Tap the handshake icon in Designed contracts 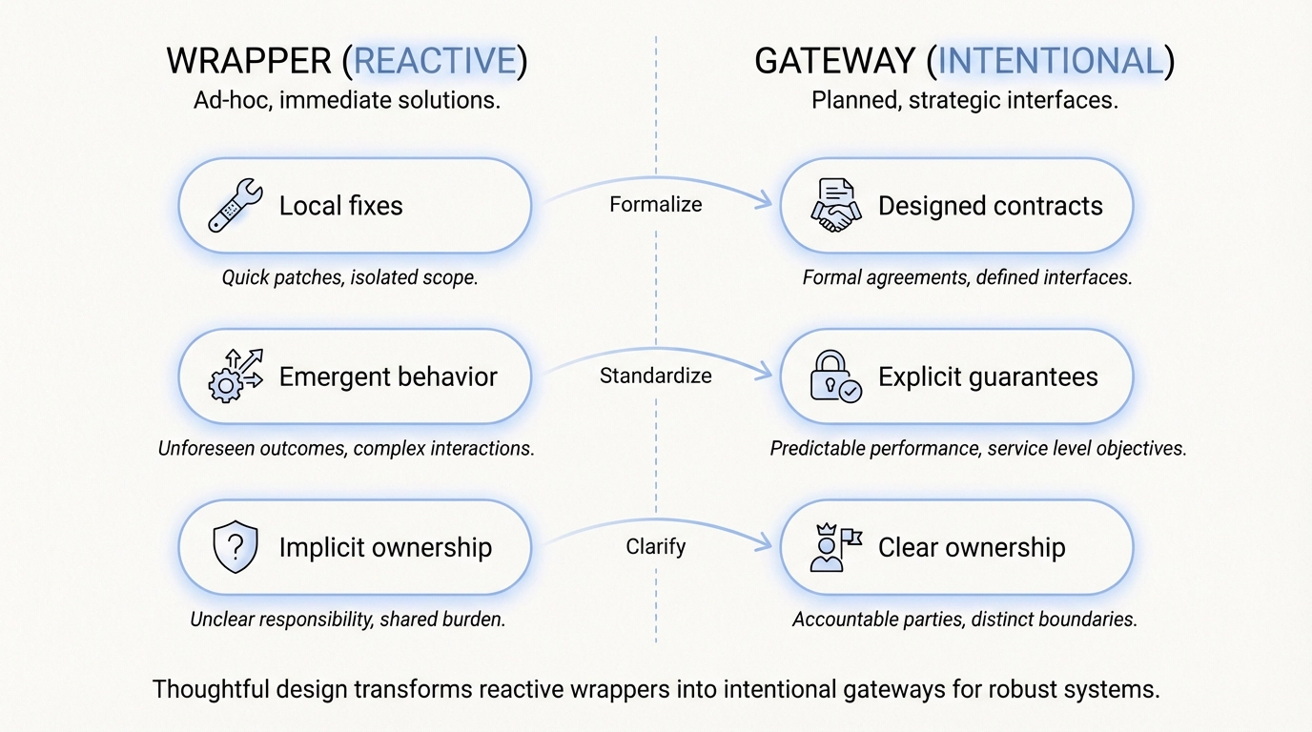[x=835, y=205]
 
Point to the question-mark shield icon [x=235, y=547]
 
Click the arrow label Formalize [x=656, y=205]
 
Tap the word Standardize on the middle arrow [x=656, y=376]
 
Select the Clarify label [x=656, y=547]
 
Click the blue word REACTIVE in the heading [x=435, y=62]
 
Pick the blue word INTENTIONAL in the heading [x=1050, y=62]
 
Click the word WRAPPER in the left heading [x=248, y=62]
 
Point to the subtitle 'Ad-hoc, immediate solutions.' [x=346, y=100]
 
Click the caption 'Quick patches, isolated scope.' [x=349, y=278]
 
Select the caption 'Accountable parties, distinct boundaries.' [x=964, y=620]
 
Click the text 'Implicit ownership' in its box [x=385, y=547]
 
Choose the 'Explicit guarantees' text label [x=988, y=376]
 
